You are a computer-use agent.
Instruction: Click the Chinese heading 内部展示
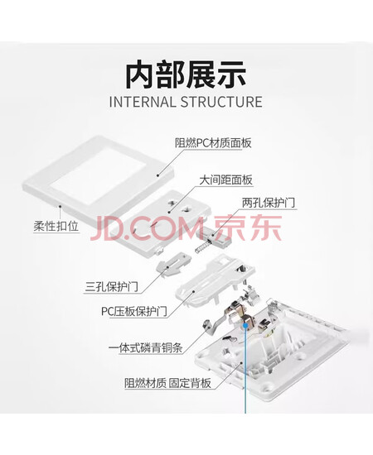point(186,74)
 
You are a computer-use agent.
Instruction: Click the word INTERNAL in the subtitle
point(142,102)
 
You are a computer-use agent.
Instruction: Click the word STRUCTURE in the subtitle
point(221,102)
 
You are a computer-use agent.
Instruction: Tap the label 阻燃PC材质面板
point(213,143)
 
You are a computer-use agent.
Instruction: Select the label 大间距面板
point(225,180)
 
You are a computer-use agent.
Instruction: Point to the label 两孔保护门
point(268,203)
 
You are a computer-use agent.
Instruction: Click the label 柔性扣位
point(56,226)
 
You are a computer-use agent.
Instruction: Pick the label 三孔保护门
point(111,287)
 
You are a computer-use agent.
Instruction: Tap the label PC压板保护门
point(134,311)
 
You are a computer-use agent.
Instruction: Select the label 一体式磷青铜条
point(145,347)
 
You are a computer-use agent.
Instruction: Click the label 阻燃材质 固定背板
point(167,383)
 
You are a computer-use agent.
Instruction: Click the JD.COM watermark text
point(147,228)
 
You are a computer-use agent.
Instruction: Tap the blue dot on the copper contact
point(245,326)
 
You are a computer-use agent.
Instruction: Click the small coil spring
point(202,246)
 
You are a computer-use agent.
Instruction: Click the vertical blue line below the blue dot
point(245,371)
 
